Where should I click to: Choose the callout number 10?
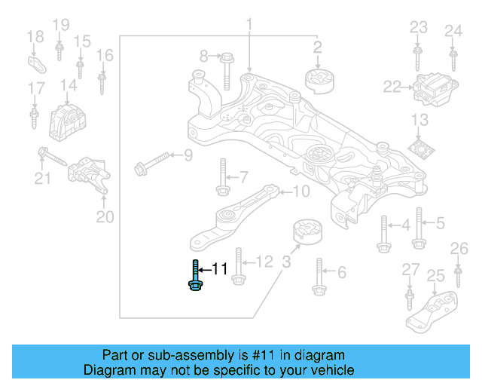pos(300,191)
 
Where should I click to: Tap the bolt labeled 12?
pos(237,266)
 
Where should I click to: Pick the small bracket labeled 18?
pos(35,62)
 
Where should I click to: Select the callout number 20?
pos(105,218)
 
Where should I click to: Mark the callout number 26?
pos(459,248)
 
